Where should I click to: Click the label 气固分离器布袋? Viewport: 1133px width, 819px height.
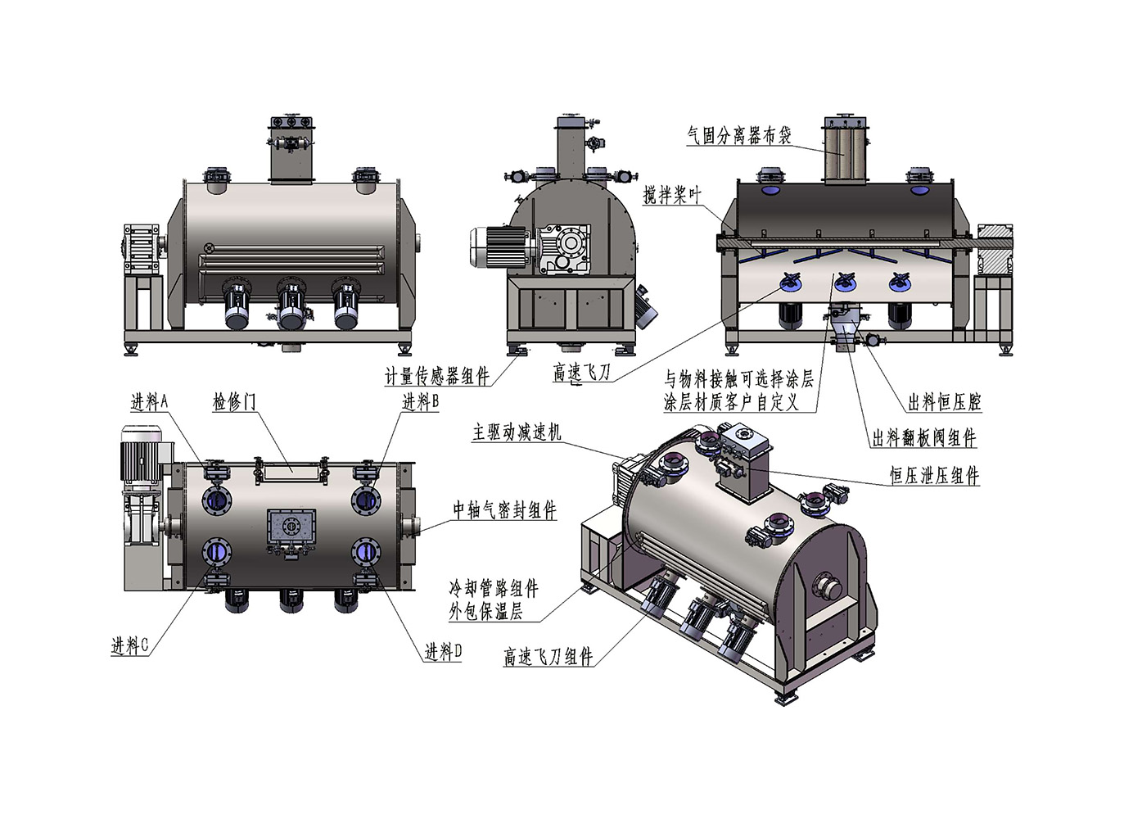click(x=739, y=135)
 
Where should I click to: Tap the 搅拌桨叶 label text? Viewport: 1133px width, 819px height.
click(x=672, y=195)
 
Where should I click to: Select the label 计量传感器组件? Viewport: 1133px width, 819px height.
click(x=437, y=376)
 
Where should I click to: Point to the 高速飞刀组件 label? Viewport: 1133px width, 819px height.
click(x=548, y=657)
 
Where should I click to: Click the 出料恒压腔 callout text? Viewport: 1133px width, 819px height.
click(x=945, y=402)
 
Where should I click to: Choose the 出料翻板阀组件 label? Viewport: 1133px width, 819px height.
click(x=924, y=438)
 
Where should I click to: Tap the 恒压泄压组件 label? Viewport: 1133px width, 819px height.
click(x=935, y=476)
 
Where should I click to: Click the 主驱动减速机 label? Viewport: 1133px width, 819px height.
click(x=517, y=432)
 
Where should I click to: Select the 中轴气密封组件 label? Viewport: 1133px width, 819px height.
click(x=504, y=509)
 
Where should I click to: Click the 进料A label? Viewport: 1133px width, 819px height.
click(x=149, y=402)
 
